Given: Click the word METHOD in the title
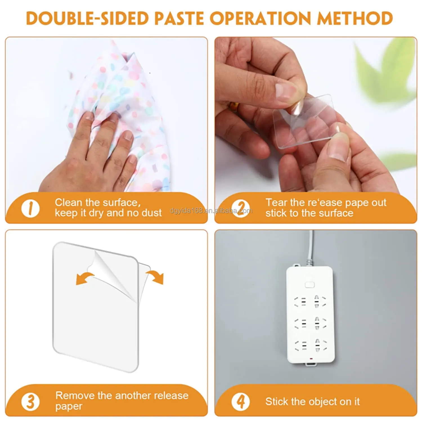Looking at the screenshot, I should [355, 19].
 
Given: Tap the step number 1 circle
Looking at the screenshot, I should [30, 209].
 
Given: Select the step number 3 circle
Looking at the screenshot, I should [30, 401].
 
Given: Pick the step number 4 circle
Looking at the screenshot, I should [241, 401].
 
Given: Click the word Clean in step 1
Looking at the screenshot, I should [69, 203].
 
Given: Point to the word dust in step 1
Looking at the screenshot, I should [152, 213].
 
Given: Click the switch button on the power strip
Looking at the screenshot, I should [309, 285].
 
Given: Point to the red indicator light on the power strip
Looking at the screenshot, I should [310, 359].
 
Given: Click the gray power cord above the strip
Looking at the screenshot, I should [310, 248].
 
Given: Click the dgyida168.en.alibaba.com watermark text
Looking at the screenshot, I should [211, 211].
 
